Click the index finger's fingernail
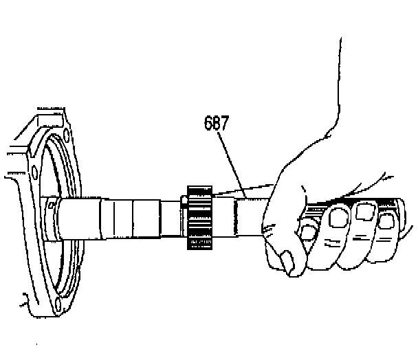pyautogui.click(x=338, y=219)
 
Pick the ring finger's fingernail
pyautogui.click(x=385, y=220)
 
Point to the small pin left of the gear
pyautogui.click(x=184, y=201)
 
